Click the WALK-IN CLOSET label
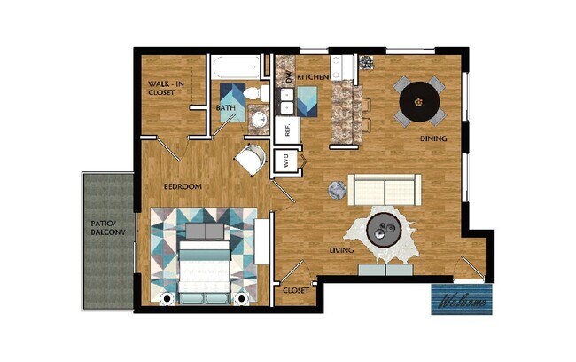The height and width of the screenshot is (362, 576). (166, 89)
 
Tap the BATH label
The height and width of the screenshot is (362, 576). (226, 108)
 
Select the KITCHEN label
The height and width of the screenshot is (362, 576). (313, 78)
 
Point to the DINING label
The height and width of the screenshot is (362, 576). (432, 138)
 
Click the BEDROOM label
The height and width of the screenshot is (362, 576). (183, 186)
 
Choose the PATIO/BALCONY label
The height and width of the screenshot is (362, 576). (108, 227)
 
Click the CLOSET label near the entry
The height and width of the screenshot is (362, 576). (295, 290)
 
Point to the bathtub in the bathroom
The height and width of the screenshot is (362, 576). (237, 67)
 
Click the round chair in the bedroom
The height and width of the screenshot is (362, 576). (249, 161)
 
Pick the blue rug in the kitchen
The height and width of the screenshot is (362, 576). (307, 100)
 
